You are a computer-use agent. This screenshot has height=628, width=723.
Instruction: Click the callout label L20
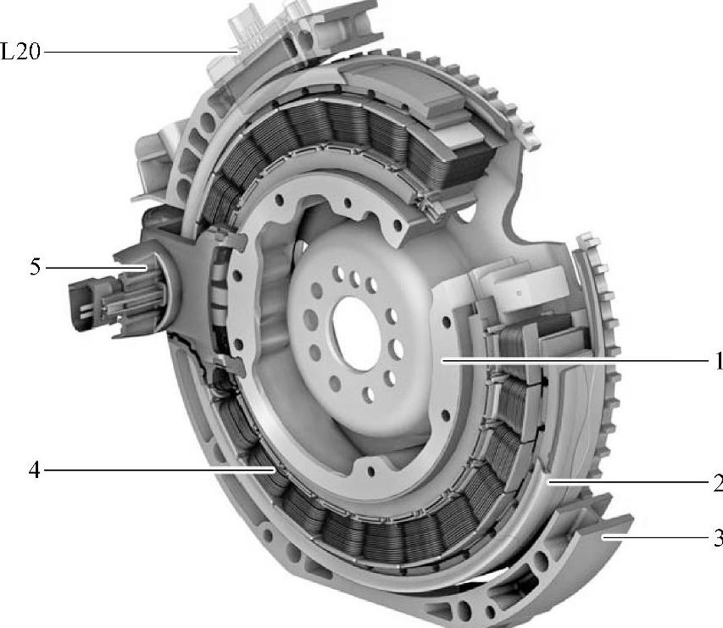tap(20, 51)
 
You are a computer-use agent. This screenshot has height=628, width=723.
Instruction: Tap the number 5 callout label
tap(35, 267)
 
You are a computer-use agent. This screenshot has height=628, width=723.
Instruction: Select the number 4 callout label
tap(35, 470)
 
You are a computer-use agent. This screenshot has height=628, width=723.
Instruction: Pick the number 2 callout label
tap(718, 483)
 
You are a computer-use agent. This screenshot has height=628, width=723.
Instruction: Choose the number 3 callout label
tap(718, 537)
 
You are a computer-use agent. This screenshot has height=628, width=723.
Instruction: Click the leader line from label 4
tap(160, 470)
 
